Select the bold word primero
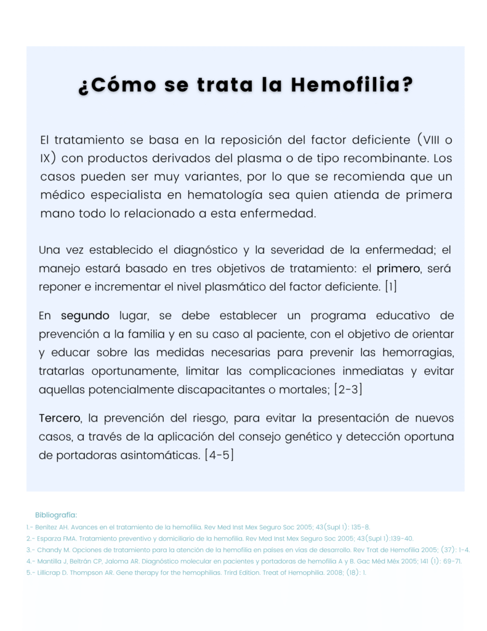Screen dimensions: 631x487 398,268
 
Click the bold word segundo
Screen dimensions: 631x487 85,315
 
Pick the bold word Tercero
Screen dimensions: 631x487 59,418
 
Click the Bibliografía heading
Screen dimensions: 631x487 56,515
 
